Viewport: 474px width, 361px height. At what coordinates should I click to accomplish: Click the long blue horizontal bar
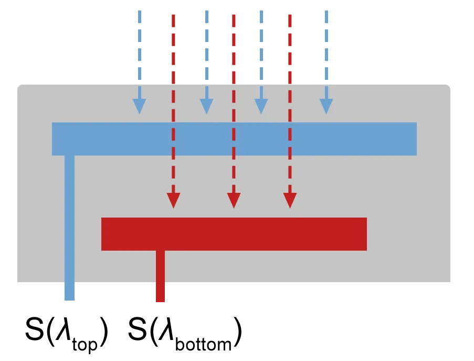(x=234, y=139)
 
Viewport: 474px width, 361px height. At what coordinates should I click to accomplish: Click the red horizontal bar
(x=234, y=234)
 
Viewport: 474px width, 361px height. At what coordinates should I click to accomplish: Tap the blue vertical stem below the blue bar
(x=69, y=221)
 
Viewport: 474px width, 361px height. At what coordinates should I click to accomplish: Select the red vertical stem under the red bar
(x=161, y=268)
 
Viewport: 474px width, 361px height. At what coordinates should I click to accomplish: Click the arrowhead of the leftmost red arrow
(x=173, y=200)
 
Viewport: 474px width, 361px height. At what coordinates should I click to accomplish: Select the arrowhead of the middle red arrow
(x=234, y=200)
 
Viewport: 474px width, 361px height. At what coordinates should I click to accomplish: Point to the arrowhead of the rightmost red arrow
(x=290, y=200)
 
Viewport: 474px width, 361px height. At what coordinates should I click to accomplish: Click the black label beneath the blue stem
(x=67, y=332)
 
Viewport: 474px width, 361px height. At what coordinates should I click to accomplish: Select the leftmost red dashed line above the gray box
(x=172, y=48)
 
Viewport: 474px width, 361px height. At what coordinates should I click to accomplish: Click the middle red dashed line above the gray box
(x=235, y=48)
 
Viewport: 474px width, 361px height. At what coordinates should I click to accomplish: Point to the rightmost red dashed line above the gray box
(x=290, y=48)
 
